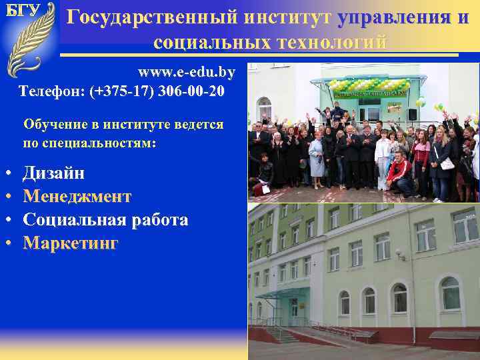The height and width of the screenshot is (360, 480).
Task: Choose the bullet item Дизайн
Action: point(53,173)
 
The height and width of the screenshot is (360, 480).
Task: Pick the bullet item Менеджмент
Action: point(77,197)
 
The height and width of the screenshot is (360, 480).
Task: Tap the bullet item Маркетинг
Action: point(71,243)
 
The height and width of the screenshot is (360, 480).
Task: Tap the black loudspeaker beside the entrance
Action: point(413,113)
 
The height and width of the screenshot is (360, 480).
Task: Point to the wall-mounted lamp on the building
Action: point(400,254)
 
